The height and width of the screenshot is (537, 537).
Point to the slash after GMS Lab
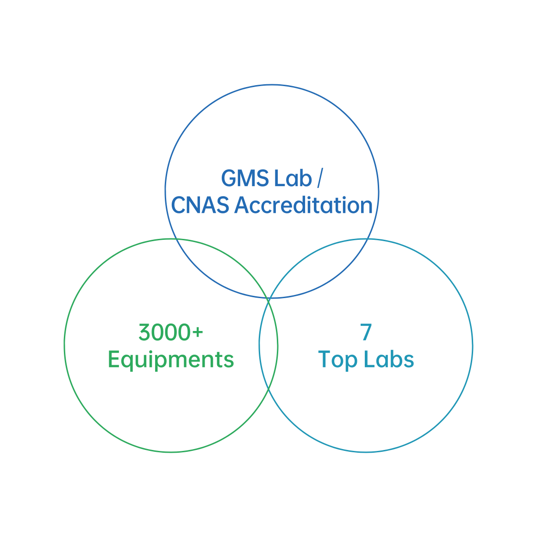click(319, 179)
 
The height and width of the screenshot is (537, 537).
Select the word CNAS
click(200, 206)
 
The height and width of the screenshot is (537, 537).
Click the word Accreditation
click(303, 206)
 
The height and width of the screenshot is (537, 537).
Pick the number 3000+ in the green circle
click(171, 332)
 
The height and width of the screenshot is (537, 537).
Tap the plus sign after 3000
click(198, 332)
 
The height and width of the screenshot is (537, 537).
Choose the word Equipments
click(171, 360)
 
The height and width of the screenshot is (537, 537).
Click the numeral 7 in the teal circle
click(366, 332)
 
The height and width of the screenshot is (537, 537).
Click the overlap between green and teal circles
click(268, 345)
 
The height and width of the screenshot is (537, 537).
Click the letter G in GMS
click(230, 179)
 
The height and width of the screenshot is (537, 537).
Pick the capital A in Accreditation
click(243, 206)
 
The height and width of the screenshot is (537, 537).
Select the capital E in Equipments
click(114, 360)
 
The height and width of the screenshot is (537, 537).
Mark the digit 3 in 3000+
click(145, 332)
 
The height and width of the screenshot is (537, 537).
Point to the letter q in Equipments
click(129, 362)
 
